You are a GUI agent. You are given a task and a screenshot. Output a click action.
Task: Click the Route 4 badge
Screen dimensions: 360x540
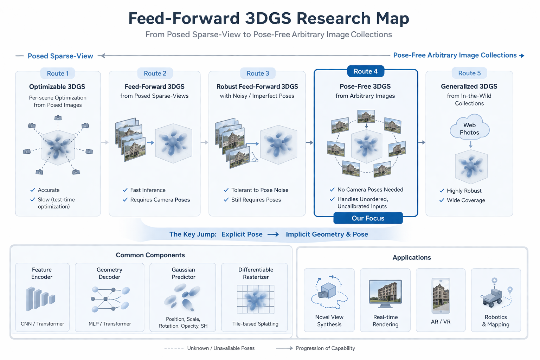pyautogui.click(x=365, y=71)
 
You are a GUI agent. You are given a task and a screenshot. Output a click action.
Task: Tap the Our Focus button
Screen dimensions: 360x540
pyautogui.click(x=368, y=218)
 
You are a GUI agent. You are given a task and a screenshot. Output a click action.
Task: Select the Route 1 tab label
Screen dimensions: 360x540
pyautogui.click(x=58, y=73)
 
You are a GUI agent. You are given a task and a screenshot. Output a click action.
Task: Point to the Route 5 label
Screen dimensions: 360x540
pyautogui.click(x=469, y=73)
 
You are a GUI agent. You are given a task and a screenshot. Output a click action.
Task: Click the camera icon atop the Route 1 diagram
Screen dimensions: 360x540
pyautogui.click(x=58, y=118)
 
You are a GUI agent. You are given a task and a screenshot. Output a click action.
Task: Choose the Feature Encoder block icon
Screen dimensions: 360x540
pyautogui.click(x=41, y=299)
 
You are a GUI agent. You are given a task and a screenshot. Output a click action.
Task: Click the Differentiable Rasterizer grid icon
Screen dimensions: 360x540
pyautogui.click(x=256, y=299)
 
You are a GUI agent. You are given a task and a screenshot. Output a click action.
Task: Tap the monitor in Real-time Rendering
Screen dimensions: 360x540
pyautogui.click(x=385, y=291)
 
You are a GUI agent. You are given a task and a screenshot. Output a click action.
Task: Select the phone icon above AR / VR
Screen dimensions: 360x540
pyautogui.click(x=441, y=296)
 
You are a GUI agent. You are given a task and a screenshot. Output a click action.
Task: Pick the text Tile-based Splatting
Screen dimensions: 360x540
pyautogui.click(x=255, y=324)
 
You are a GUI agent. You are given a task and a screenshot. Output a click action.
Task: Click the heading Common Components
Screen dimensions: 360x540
pyautogui.click(x=150, y=255)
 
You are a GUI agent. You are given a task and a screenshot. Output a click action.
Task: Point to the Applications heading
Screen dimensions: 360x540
pyautogui.click(x=412, y=258)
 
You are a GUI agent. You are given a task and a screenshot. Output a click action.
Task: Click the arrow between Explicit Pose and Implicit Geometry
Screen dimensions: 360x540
pyautogui.click(x=273, y=234)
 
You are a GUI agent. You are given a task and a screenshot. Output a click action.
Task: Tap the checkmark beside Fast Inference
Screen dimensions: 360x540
pyautogui.click(x=125, y=190)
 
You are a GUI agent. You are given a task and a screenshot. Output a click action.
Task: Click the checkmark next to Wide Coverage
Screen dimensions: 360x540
pyautogui.click(x=442, y=200)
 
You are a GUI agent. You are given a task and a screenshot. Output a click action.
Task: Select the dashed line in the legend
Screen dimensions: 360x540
pyautogui.click(x=174, y=348)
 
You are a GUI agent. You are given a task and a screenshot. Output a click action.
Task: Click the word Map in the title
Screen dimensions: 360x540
pyautogui.click(x=392, y=18)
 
